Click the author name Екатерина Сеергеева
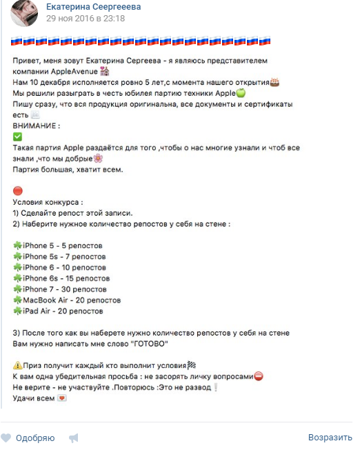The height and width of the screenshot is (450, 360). coord(93,6)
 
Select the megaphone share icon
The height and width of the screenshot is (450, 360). coord(74,438)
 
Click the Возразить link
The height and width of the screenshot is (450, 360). coord(330,438)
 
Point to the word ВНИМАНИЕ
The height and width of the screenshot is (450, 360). coord(36,126)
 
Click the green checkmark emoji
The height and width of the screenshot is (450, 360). coord(17,137)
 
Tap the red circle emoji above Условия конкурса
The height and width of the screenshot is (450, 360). coord(18,191)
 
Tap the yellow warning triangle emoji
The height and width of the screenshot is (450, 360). coord(17,365)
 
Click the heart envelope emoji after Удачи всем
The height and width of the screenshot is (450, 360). coord(61,398)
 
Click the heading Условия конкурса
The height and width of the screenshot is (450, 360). coord(48,203)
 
